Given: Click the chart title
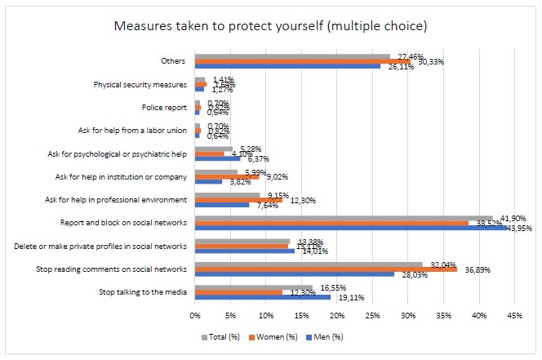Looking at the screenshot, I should click(x=271, y=25).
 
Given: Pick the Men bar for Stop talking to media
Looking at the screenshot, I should click(x=262, y=298).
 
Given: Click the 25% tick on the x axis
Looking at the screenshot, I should click(x=372, y=314).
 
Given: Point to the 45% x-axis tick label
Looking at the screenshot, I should click(x=514, y=314).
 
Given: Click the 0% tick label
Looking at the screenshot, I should click(x=195, y=314).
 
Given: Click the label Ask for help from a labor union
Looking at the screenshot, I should click(x=135, y=130).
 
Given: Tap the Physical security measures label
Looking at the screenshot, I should click(x=140, y=83).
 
